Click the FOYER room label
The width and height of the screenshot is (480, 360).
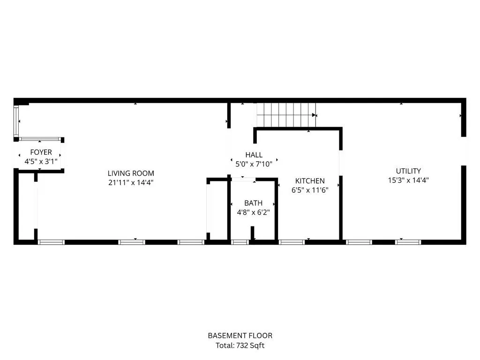[41, 152]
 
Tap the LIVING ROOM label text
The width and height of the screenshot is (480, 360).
[131, 173]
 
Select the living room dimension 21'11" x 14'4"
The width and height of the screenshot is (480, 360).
[131, 183]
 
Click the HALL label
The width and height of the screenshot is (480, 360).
[254, 155]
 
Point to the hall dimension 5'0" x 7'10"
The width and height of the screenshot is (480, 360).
[254, 164]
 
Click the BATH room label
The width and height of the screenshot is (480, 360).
[254, 203]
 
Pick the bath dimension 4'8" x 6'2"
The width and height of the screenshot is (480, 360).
[254, 212]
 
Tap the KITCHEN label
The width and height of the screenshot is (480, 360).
[310, 181]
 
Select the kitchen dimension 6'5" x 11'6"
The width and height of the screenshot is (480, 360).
[310, 190]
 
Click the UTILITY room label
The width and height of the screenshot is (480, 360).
[408, 171]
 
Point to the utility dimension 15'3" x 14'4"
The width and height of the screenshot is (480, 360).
[408, 180]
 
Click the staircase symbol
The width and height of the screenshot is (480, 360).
[286, 115]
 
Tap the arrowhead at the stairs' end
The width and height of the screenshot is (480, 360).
[314, 115]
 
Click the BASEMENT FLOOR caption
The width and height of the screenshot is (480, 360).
[240, 336]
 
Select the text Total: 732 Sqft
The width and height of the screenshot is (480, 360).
[240, 345]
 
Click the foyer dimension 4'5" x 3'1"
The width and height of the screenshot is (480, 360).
[41, 162]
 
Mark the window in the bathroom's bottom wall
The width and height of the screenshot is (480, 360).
[240, 242]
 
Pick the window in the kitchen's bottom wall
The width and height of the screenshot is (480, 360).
[292, 242]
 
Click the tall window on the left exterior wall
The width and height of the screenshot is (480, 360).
[16, 121]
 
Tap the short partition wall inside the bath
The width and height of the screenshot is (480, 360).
[253, 233]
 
